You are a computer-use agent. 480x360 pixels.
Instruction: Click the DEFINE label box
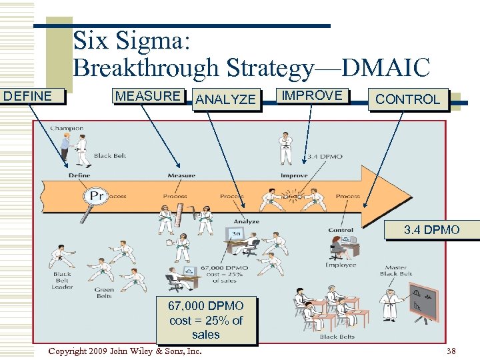pyautogui.click(x=32, y=96)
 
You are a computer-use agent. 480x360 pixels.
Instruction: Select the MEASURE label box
pyautogui.click(x=148, y=96)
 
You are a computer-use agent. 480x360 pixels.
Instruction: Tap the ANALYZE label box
pyautogui.click(x=226, y=99)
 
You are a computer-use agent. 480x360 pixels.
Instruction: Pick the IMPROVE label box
pyautogui.click(x=311, y=95)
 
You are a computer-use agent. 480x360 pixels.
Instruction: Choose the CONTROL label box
pyautogui.click(x=407, y=99)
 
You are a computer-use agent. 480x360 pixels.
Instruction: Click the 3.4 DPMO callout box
pyautogui.click(x=431, y=230)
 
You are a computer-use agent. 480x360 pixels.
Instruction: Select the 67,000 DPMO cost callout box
pyautogui.click(x=206, y=320)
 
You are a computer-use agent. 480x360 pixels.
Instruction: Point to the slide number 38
pyautogui.click(x=451, y=351)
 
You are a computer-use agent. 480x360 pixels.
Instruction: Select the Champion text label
pyautogui.click(x=67, y=128)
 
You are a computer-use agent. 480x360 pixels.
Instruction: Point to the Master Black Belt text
pyautogui.click(x=396, y=271)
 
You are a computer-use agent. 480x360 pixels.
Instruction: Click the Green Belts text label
pyautogui.click(x=103, y=293)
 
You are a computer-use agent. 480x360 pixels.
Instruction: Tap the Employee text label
pyautogui.click(x=340, y=265)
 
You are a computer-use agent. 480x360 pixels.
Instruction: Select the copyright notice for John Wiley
pyautogui.click(x=125, y=351)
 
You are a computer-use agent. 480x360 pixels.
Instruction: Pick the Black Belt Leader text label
pyautogui.click(x=62, y=281)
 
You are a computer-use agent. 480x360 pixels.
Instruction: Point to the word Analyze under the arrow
pyautogui.click(x=246, y=221)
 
